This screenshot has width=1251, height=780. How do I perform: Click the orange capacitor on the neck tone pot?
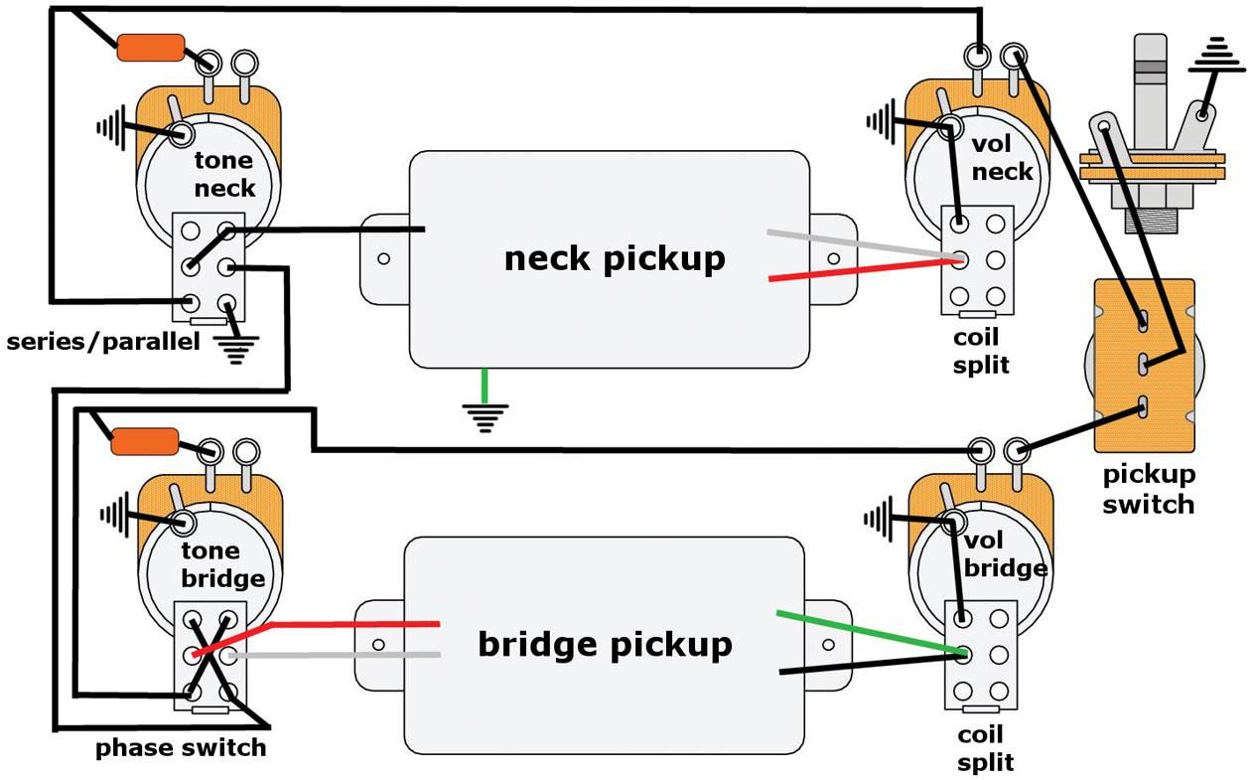click(151, 47)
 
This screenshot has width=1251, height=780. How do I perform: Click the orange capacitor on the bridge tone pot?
click(145, 440)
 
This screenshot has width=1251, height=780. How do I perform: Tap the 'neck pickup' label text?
click(615, 258)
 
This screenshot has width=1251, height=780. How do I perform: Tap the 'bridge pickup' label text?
click(605, 644)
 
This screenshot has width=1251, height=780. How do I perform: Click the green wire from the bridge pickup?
click(864, 632)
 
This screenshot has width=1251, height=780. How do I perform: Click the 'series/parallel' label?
click(103, 343)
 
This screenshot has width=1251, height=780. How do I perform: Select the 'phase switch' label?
click(181, 747)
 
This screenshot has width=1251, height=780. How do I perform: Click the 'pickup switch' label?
click(1149, 490)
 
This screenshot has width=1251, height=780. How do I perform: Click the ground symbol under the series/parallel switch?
click(236, 348)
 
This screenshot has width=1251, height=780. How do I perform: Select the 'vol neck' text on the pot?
click(1001, 158)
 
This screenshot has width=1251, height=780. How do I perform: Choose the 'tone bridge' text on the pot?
click(222, 564)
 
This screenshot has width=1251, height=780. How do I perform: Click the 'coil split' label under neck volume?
click(981, 352)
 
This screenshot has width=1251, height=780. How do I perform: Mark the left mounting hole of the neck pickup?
click(383, 259)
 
